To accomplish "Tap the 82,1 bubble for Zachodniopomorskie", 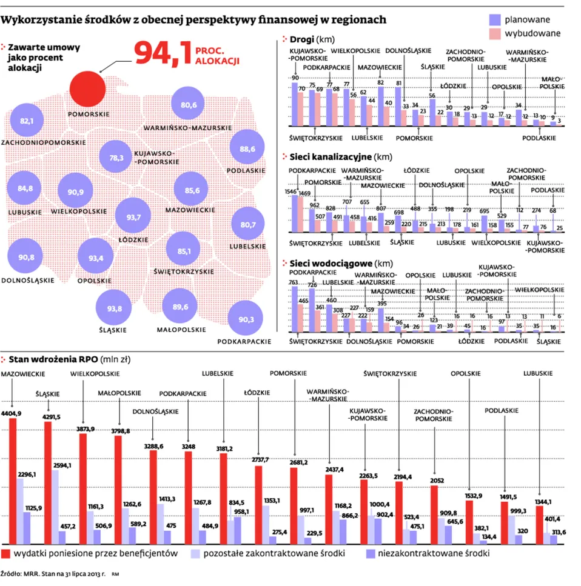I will [x=27, y=121].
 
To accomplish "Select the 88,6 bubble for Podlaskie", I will [x=247, y=149].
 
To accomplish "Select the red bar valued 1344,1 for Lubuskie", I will [x=539, y=525].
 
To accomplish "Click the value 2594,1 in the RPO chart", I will [x=62, y=465].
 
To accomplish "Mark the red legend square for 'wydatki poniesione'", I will [x=6, y=554].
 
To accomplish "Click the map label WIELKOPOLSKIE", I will [x=76, y=211].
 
